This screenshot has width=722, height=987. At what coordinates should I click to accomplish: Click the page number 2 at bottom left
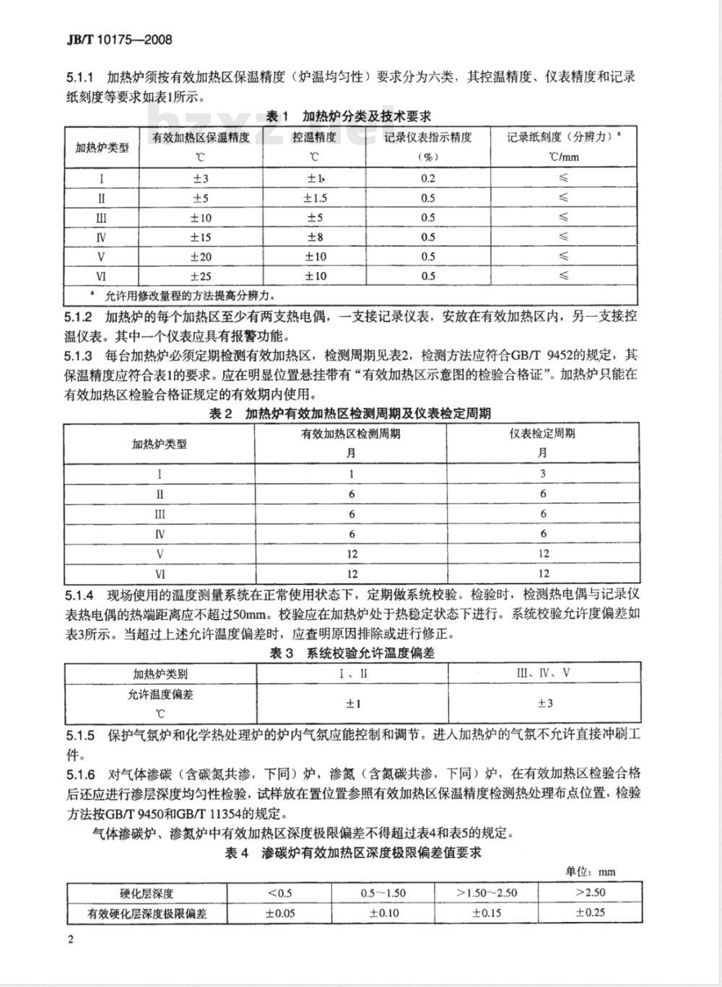69,939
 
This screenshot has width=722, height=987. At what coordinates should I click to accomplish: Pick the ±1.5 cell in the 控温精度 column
315,198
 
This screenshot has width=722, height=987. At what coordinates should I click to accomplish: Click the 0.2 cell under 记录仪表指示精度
427,179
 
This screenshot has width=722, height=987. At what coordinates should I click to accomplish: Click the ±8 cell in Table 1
315,237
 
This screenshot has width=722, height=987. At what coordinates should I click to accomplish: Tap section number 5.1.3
79,355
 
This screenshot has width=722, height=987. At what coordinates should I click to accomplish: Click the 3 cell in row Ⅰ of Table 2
543,474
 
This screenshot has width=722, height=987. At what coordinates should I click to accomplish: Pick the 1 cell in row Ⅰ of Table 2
352,474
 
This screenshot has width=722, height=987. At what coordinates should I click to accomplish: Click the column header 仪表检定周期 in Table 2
543,434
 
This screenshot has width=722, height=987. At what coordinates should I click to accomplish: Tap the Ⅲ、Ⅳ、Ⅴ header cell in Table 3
543,674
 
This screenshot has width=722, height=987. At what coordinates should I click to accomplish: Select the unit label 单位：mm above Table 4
591,872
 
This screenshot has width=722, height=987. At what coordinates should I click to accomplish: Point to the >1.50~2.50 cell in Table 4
487,892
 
